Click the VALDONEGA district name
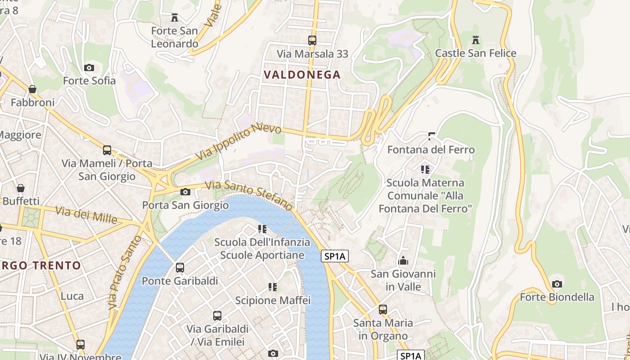[302, 75]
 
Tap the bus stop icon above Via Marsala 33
[312, 40]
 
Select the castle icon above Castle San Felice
[476, 40]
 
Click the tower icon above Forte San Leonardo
[175, 18]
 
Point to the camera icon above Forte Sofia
[89, 68]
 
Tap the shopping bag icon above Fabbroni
[32, 89]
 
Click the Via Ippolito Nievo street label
[238, 142]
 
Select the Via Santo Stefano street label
[249, 195]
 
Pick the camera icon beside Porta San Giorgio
[185, 192]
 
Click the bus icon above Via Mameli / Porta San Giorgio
[107, 150]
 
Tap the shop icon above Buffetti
[20, 188]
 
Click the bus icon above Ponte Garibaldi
[180, 268]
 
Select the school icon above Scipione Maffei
[273, 287]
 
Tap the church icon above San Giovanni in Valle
[403, 261]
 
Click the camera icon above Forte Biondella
[557, 284]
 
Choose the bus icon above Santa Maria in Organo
[383, 310]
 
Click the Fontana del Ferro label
[431, 149]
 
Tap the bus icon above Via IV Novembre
[81, 345]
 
